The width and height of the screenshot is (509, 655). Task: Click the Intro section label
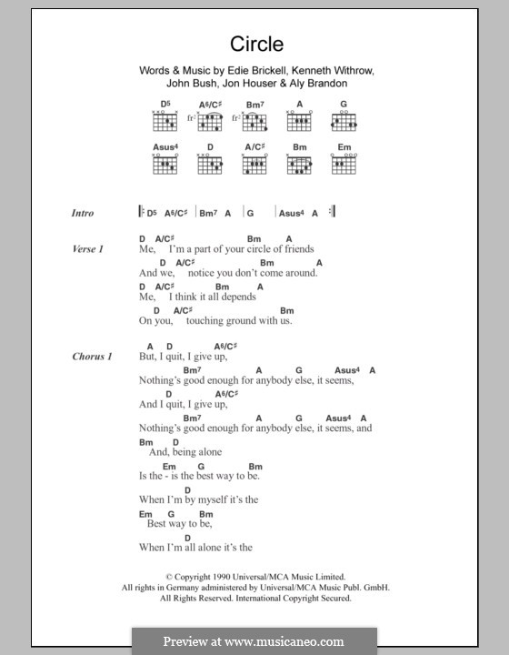click(x=83, y=213)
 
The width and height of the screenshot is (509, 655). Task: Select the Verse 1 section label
click(x=89, y=248)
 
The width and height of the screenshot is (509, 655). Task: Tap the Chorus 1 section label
click(x=92, y=357)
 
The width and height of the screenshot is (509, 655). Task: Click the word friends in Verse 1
click(x=296, y=248)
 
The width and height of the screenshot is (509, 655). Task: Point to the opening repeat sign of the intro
click(x=141, y=213)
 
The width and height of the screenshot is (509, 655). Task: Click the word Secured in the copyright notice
click(x=331, y=598)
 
